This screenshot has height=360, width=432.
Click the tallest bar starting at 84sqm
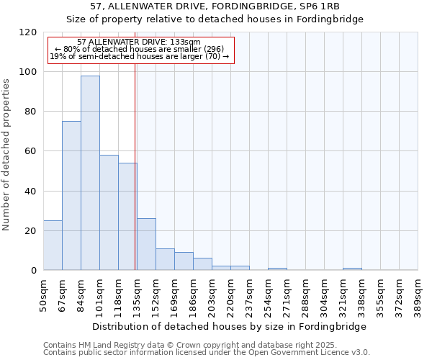click(90, 173)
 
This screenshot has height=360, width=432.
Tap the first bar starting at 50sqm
click(53, 246)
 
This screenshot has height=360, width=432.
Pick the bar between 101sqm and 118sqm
click(109, 212)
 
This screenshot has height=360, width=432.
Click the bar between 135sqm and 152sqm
click(146, 244)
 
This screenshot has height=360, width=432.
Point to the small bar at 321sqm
click(352, 269)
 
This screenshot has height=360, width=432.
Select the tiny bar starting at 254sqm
click(277, 269)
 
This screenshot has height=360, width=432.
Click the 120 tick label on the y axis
click(28, 32)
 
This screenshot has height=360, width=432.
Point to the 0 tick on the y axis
click(34, 271)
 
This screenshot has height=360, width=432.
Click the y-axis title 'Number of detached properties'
click(7, 155)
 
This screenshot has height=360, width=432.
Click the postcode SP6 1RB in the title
click(320, 6)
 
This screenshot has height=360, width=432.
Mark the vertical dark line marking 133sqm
click(135, 166)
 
